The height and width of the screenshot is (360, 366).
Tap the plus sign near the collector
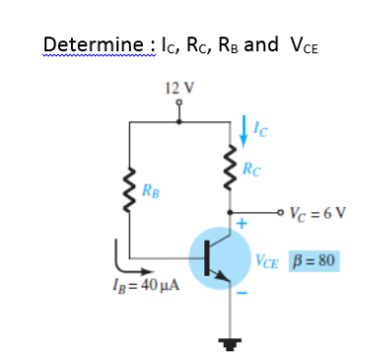(x=239, y=226)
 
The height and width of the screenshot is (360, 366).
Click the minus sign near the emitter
(x=241, y=294)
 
